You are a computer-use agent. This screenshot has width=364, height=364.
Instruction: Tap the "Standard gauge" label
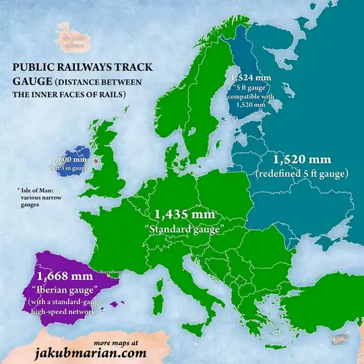coord(185,229)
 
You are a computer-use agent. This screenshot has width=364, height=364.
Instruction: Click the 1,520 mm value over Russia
coord(301,160)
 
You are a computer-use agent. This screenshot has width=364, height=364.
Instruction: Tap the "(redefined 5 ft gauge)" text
coord(301,174)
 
